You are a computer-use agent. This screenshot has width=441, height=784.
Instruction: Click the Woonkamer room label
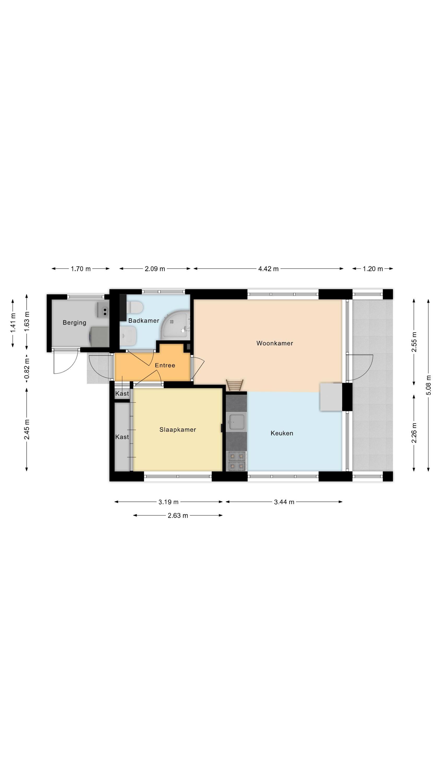tap(275, 343)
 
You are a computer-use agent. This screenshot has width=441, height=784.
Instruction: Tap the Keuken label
tap(282, 433)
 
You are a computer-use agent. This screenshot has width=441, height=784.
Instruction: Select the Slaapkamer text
tap(178, 430)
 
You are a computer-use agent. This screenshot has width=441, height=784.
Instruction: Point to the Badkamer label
tap(144, 320)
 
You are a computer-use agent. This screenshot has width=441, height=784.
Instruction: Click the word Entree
tap(165, 365)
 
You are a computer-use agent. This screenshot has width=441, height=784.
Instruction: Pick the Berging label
tap(74, 322)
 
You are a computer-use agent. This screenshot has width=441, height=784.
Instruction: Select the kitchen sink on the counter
tap(236, 422)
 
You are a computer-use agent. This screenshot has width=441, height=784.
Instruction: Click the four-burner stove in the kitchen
tap(237, 461)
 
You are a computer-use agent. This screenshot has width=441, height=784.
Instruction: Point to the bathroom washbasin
tap(128, 336)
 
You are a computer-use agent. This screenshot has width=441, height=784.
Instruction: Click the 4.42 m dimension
tap(268, 269)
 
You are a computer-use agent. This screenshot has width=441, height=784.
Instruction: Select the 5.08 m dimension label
tap(428, 385)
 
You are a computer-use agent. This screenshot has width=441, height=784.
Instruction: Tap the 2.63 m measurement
tap(178, 516)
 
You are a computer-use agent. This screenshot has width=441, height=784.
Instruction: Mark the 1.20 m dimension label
tap(373, 269)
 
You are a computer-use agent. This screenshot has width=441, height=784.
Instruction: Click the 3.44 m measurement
tap(284, 502)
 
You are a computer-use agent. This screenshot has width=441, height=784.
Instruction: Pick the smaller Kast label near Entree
tap(122, 394)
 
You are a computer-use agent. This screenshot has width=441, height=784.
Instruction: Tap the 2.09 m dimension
tap(155, 269)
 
